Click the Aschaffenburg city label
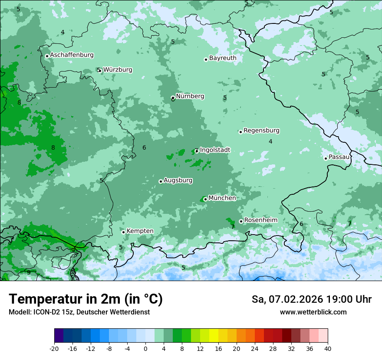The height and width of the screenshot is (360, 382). pyautogui.click(x=72, y=55)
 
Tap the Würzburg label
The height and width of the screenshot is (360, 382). pyautogui.click(x=118, y=70)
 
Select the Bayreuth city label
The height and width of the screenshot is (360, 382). pyautogui.click(x=223, y=58)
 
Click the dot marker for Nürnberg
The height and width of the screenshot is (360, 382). pyautogui.click(x=173, y=98)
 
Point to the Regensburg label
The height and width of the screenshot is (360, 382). pyautogui.click(x=261, y=131)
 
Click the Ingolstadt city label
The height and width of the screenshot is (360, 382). pyautogui.click(x=215, y=150)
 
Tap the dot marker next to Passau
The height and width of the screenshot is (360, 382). pyautogui.click(x=326, y=158)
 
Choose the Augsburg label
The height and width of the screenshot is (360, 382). pyautogui.click(x=178, y=180)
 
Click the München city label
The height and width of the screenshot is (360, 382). pyautogui.click(x=222, y=198)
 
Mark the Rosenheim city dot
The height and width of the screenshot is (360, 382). pyautogui.click(x=241, y=221)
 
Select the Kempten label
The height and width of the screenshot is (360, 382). pyautogui.click(x=140, y=231)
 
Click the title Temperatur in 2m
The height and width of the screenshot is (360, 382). pyautogui.click(x=86, y=299)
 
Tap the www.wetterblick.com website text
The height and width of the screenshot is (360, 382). pyautogui.click(x=313, y=312)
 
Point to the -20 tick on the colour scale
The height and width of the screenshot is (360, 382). pyautogui.click(x=54, y=348)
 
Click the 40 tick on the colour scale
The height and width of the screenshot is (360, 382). pyautogui.click(x=328, y=348)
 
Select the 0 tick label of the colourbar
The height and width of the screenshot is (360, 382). pyautogui.click(x=145, y=348)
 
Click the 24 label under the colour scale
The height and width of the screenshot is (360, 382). pyautogui.click(x=255, y=348)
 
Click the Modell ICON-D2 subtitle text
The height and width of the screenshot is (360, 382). pyautogui.click(x=79, y=312)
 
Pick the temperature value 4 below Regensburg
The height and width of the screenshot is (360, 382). pyautogui.click(x=270, y=141)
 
